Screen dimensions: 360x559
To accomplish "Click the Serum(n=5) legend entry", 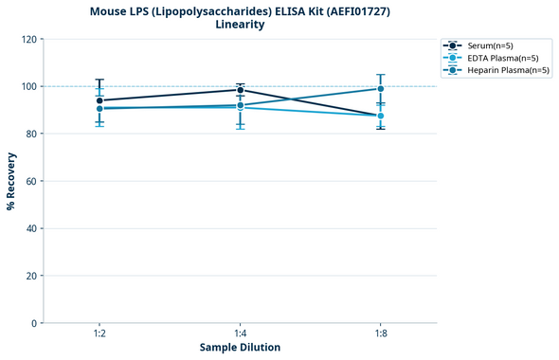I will pyautogui.click(x=488, y=45).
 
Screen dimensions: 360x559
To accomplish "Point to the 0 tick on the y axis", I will pyautogui.click(x=35, y=323).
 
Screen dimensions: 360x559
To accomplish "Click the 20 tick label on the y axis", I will pyautogui.click(x=32, y=276).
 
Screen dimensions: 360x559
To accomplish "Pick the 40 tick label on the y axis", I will pyautogui.click(x=32, y=228).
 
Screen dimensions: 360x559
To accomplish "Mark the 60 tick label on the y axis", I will pyautogui.click(x=32, y=181).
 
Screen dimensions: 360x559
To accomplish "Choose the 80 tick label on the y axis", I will pyautogui.click(x=32, y=134).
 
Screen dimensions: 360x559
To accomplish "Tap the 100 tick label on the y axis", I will pyautogui.click(x=29, y=86).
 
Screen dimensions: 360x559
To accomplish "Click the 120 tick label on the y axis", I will pyautogui.click(x=29, y=39).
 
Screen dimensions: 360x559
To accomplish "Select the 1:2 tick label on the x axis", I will pyautogui.click(x=99, y=334).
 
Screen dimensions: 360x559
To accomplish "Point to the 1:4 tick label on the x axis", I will pyautogui.click(x=240, y=334).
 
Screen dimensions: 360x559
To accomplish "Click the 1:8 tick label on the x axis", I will pyautogui.click(x=381, y=334).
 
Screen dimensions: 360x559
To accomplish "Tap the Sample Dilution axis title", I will pyautogui.click(x=240, y=348).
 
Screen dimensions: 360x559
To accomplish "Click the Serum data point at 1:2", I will pyautogui.click(x=99, y=100).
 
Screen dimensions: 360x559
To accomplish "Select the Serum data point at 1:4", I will pyautogui.click(x=240, y=90).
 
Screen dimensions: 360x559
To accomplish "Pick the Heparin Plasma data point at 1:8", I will pyautogui.click(x=381, y=89).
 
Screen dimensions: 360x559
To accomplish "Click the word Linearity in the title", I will pyautogui.click(x=240, y=25).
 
